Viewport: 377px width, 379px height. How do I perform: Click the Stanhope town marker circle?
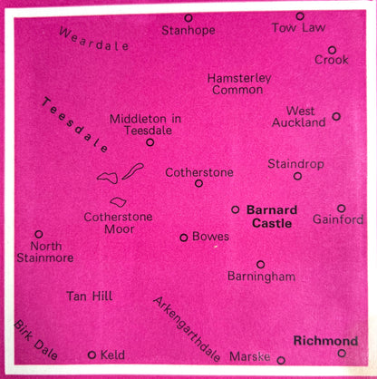coord(188,17)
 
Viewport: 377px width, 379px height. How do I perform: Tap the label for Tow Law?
coord(297,28)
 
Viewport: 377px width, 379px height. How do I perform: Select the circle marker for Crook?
coord(332,50)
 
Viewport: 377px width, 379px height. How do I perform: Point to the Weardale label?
coord(88,43)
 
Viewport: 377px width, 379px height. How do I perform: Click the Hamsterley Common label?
coord(238,83)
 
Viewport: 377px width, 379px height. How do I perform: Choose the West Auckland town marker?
coord(336,116)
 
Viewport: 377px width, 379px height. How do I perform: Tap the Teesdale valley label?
coord(75,124)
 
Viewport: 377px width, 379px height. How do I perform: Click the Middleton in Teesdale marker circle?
coord(150,141)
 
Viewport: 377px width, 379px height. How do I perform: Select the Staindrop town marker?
coord(297,176)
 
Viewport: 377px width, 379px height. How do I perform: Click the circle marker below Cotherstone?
coord(199,183)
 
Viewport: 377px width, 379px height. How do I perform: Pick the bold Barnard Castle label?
coord(272,216)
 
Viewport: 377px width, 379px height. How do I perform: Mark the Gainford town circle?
coord(341,208)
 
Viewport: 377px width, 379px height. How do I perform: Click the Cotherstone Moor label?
coord(118,223)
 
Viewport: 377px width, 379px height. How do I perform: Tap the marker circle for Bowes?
coord(184,238)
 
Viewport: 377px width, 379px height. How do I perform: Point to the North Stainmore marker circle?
coord(38,234)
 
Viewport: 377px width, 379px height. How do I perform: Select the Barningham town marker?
coord(260,265)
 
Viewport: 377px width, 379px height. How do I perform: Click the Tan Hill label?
coord(89,296)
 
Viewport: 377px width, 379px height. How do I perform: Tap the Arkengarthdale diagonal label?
coord(188,328)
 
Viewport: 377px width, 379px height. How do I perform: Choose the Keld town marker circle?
coord(92,355)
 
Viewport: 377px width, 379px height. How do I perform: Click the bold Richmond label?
coord(325,341)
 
